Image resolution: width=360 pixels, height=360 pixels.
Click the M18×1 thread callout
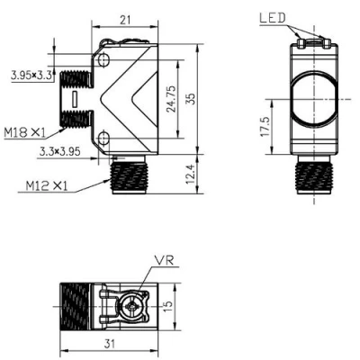click(x=23, y=132)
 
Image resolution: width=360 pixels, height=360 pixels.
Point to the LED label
click(x=274, y=17)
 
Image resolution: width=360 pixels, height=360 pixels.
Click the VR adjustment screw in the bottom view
click(x=133, y=307)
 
